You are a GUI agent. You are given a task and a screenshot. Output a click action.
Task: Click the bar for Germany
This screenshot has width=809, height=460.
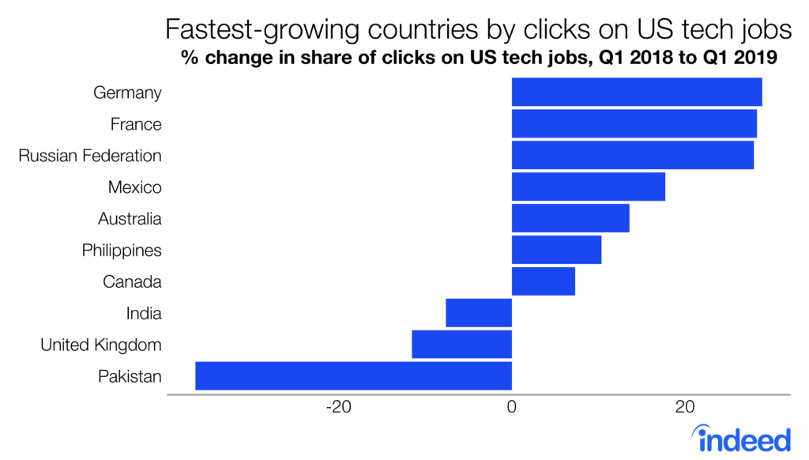(637, 92)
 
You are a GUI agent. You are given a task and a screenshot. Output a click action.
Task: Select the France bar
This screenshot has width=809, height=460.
(634, 123)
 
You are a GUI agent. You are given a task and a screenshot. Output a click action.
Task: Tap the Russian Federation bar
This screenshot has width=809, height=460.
(633, 155)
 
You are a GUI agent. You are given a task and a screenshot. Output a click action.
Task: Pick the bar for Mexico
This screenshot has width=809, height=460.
(589, 187)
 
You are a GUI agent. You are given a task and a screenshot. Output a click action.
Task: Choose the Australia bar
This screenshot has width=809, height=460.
(570, 218)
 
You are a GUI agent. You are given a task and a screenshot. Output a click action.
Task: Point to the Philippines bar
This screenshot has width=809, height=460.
(556, 250)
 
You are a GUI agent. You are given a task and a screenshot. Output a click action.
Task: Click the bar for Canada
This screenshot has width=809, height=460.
(544, 281)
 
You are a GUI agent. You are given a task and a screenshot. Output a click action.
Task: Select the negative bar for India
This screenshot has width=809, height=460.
(479, 313)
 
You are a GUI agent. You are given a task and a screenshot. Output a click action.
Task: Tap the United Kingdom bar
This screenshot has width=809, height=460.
(461, 345)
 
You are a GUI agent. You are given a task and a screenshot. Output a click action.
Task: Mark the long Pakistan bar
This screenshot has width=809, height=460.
(353, 376)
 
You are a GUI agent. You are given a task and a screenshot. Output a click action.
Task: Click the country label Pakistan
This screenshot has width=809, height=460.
(130, 376)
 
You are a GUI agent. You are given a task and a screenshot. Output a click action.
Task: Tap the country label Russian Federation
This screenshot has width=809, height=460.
(90, 156)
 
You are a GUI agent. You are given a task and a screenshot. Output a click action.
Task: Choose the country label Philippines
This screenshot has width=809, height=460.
(122, 251)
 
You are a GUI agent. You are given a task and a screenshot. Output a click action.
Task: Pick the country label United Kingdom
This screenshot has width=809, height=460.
(101, 345)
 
